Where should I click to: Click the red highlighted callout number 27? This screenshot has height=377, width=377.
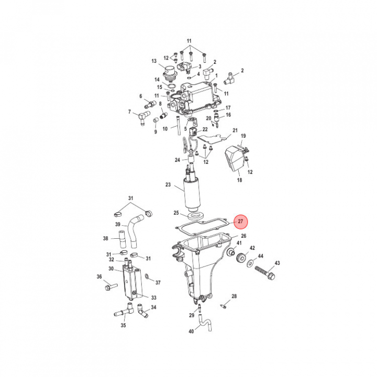click(240, 221)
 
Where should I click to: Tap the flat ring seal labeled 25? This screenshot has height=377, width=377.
click(195, 215)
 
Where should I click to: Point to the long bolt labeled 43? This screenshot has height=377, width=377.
click(265, 273)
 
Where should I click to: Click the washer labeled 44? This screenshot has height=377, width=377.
click(250, 263)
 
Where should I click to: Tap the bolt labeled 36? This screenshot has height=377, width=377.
click(111, 286)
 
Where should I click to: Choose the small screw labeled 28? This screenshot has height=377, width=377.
click(224, 306)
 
